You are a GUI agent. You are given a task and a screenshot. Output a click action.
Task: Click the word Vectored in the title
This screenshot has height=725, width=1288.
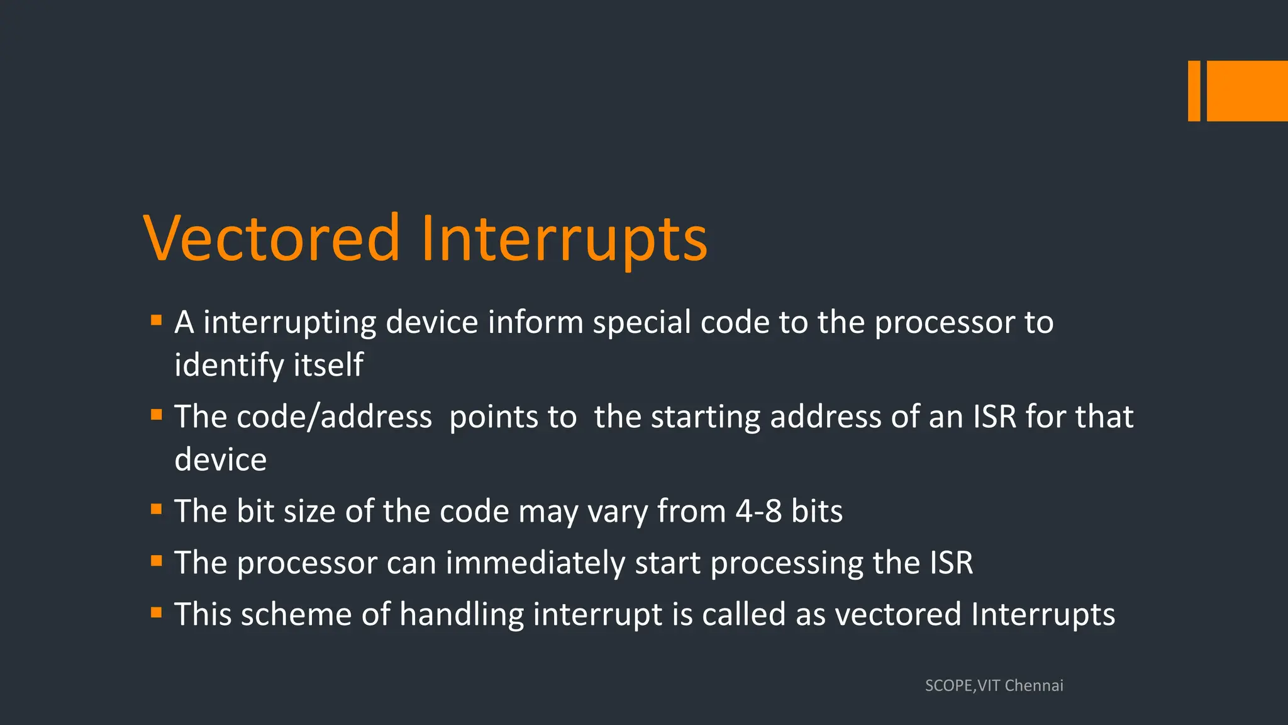tap(272, 238)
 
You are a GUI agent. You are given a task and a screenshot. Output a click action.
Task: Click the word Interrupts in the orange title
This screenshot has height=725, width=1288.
tap(564, 239)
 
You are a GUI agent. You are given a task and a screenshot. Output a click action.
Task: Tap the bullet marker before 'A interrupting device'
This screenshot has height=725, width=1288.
tap(157, 321)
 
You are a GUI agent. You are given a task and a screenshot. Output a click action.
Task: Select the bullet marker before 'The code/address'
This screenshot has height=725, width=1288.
tap(157, 415)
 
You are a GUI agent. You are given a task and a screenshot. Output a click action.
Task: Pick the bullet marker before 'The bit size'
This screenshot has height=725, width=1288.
tap(157, 509)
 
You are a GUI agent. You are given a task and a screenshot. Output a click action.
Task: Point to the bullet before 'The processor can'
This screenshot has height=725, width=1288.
tap(157, 561)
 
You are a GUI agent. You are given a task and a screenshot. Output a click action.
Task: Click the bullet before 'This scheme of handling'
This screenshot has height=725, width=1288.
tap(157, 612)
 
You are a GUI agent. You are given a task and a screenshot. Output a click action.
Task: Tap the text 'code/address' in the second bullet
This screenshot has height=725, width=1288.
tap(334, 417)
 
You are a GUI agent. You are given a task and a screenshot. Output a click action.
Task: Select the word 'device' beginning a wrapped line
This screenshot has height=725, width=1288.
tap(220, 459)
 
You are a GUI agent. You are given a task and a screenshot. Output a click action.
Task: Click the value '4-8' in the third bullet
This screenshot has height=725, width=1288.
tap(758, 511)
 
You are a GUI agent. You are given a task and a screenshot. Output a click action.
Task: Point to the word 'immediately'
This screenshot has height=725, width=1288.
tap(535, 563)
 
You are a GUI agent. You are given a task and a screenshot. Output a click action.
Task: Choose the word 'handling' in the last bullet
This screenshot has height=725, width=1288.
tap(462, 614)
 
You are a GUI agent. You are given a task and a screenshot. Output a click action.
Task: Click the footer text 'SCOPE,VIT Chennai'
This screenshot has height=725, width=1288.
tap(994, 685)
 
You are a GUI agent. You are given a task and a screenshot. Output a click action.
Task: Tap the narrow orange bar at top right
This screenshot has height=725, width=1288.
tap(1194, 91)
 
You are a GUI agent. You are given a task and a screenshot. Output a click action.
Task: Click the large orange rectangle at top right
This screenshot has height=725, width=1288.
tap(1247, 91)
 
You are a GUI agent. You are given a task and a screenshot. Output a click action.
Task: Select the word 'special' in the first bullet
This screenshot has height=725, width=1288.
tap(641, 323)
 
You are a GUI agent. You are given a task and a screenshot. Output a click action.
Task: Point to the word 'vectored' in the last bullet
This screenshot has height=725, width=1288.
tap(897, 614)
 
